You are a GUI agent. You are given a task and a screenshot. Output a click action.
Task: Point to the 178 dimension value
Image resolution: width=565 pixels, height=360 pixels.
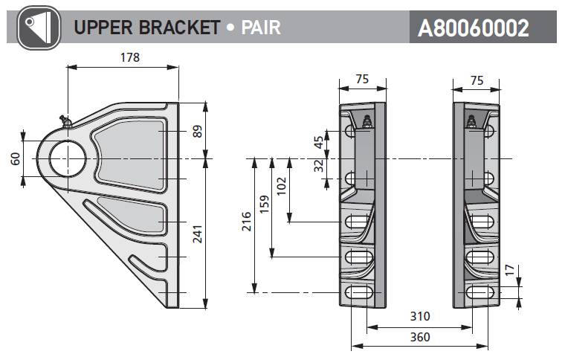(x=129, y=57)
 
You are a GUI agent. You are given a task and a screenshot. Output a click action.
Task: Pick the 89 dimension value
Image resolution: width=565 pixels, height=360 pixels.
(x=197, y=131)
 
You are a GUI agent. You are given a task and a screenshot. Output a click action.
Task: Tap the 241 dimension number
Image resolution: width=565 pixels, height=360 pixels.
(x=197, y=234)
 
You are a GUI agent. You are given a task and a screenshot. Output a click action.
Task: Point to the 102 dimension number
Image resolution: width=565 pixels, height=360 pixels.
(x=281, y=185)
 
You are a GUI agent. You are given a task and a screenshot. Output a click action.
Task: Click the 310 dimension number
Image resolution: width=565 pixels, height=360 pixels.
(x=419, y=317)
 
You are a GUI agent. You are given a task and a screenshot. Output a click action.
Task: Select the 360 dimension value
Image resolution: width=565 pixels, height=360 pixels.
(x=419, y=337)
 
